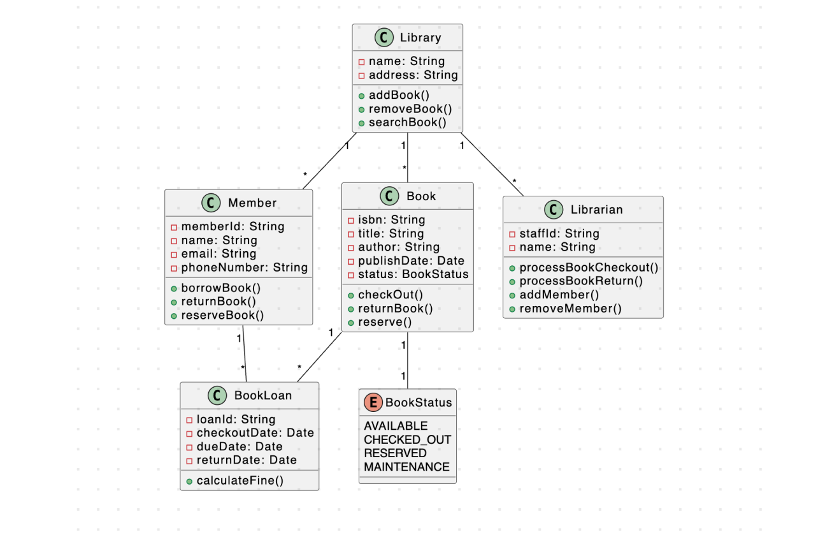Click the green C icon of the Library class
pyautogui.click(x=384, y=38)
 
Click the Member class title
pyautogui.click(x=252, y=203)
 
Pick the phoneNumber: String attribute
pyautogui.click(x=244, y=267)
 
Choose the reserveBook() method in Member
pyautogui.click(x=222, y=315)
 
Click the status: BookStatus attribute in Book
pyautogui.click(x=413, y=274)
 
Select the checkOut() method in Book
pyautogui.click(x=390, y=295)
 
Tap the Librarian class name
pyautogui.click(x=596, y=209)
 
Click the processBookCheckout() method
pyautogui.click(x=589, y=267)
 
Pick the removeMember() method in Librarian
pyautogui.click(x=570, y=309)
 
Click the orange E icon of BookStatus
pyautogui.click(x=373, y=402)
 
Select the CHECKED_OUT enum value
pyautogui.click(x=407, y=439)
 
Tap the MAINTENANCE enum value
pyautogui.click(x=406, y=467)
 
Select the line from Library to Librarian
pyautogui.click(x=492, y=165)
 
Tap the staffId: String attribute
pyautogui.click(x=559, y=233)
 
